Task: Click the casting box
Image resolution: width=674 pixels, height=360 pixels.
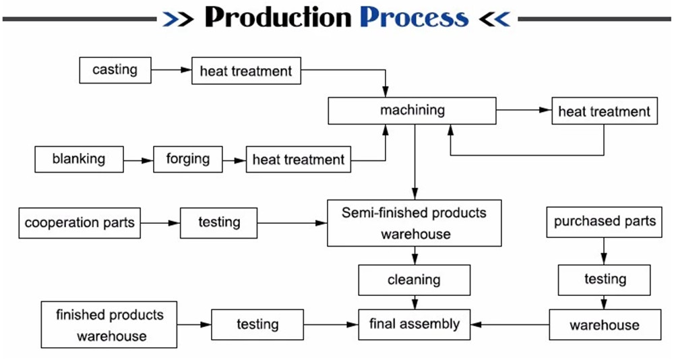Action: pyautogui.click(x=115, y=70)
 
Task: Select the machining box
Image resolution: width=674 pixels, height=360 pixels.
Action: pyautogui.click(x=412, y=111)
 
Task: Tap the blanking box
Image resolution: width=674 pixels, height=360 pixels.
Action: pyautogui.click(x=79, y=159)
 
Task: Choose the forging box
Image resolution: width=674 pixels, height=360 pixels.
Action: pyautogui.click(x=188, y=159)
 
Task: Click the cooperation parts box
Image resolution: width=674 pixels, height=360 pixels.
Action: pyautogui.click(x=80, y=222)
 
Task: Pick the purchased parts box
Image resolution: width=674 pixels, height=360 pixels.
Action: pyautogui.click(x=604, y=222)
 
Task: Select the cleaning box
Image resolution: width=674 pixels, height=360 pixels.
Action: pyautogui.click(x=415, y=280)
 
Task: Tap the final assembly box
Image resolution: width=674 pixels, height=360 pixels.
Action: pyautogui.click(x=415, y=324)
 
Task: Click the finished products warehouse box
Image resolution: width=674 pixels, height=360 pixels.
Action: pyautogui.click(x=109, y=325)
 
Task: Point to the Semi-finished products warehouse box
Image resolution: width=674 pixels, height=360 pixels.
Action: pyautogui.click(x=415, y=223)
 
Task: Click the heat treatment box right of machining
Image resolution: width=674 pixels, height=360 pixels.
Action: pyautogui.click(x=605, y=111)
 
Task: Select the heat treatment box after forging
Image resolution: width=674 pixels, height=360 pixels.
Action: pyautogui.click(x=299, y=160)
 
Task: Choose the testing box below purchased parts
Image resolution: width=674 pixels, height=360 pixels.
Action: pyautogui.click(x=604, y=280)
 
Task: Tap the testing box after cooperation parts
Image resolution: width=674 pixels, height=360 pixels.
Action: pyautogui.click(x=219, y=222)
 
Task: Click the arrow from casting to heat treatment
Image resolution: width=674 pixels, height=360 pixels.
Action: pyautogui.click(x=171, y=69)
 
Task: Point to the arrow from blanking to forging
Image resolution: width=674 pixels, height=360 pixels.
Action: pyautogui.click(x=138, y=160)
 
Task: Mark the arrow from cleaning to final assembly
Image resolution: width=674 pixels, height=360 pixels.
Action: pyautogui.click(x=415, y=303)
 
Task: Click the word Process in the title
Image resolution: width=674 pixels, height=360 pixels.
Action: pyautogui.click(x=414, y=18)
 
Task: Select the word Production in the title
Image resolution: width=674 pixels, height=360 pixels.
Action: pyautogui.click(x=278, y=18)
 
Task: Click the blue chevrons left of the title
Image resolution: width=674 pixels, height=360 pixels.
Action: pyautogui.click(x=178, y=19)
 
